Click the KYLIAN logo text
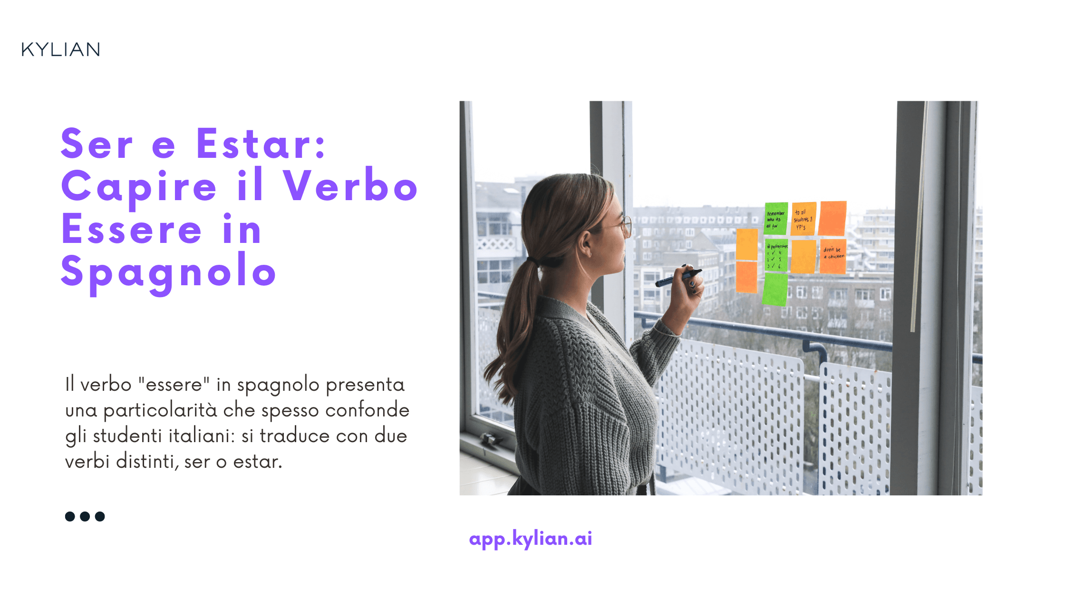[61, 49]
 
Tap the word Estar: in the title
[261, 144]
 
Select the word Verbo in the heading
[350, 186]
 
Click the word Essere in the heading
[132, 229]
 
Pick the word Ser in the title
[97, 144]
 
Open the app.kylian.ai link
[530, 539]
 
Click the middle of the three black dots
[85, 516]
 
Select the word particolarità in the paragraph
[160, 410]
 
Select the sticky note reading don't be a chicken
[833, 256]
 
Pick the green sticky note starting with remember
[776, 218]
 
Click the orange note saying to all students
[803, 219]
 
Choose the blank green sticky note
[775, 290]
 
